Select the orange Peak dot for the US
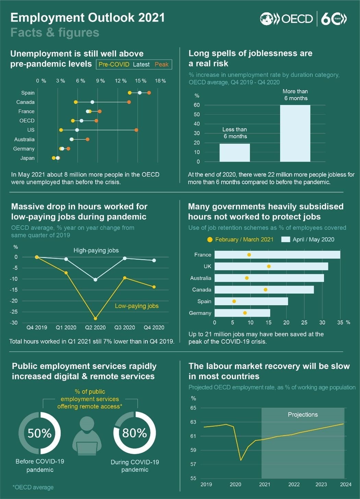click(136, 130)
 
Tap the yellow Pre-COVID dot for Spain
click(130, 93)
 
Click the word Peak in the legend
click(161, 64)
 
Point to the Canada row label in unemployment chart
click(25, 102)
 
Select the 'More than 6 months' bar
click(295, 133)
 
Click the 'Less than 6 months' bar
click(235, 153)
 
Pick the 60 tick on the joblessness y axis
click(196, 105)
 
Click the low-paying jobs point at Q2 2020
click(95, 318)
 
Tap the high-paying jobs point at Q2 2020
click(95, 280)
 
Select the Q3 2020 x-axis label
click(124, 328)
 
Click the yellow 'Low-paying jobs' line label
click(136, 306)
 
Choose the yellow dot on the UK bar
click(269, 266)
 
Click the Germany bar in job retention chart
click(242, 313)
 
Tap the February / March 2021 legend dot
click(210, 240)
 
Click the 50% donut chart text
click(39, 433)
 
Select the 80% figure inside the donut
click(134, 433)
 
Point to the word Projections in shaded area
click(303, 415)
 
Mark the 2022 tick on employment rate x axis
click(294, 484)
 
